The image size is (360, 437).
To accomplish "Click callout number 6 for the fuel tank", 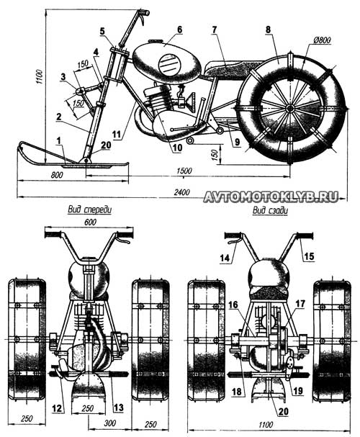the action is coord(179,30).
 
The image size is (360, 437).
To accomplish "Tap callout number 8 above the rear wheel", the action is coord(268,30).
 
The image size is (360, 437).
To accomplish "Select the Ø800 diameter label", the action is coord(322,40).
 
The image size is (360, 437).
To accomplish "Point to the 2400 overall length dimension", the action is coord(181,192).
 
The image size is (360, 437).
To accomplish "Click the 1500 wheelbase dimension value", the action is coord(184,171).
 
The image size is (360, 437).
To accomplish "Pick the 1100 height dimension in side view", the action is coord(40,76).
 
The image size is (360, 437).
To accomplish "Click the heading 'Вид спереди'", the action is coord(90,210).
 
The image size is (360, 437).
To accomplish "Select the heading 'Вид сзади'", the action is coord(270,210).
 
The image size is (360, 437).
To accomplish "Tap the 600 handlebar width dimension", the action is coord(90,222).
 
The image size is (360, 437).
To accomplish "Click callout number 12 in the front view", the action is coord(57,408).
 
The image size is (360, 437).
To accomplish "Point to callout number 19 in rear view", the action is coord(298,390).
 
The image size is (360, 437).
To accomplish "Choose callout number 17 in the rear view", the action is coord(300,304).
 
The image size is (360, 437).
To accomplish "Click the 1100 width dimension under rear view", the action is coord(265,425).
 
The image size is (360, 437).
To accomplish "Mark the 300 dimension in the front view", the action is coord(109,423).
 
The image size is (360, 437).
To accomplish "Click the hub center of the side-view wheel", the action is coord(289,109).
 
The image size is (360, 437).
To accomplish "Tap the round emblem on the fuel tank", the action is coord(170,65).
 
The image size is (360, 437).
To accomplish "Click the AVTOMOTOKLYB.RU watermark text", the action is coord(271,197).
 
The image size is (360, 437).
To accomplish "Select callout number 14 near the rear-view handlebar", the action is coord(225,258).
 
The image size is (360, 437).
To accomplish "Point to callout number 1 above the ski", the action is coord(58,140).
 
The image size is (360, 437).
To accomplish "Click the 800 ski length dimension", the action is coord(57,175).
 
